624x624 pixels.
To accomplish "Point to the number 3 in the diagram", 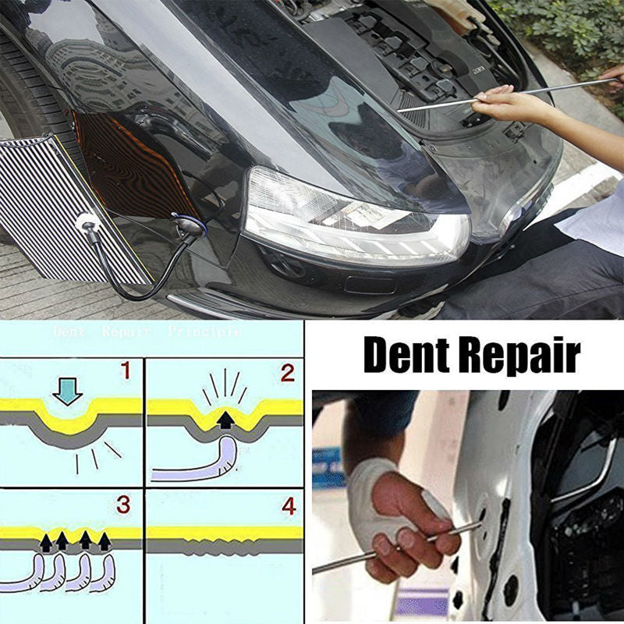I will coord(123,505).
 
